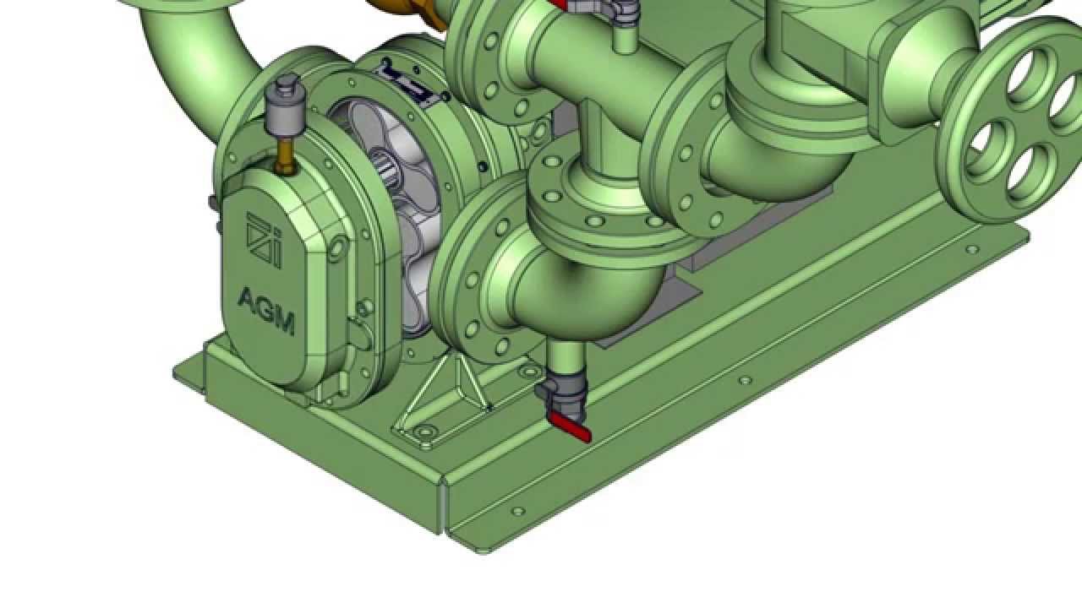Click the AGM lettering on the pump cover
pos(266,311)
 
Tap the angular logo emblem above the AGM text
pos(265,239)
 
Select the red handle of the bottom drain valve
pos(570,426)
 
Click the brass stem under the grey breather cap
pos(286,155)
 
